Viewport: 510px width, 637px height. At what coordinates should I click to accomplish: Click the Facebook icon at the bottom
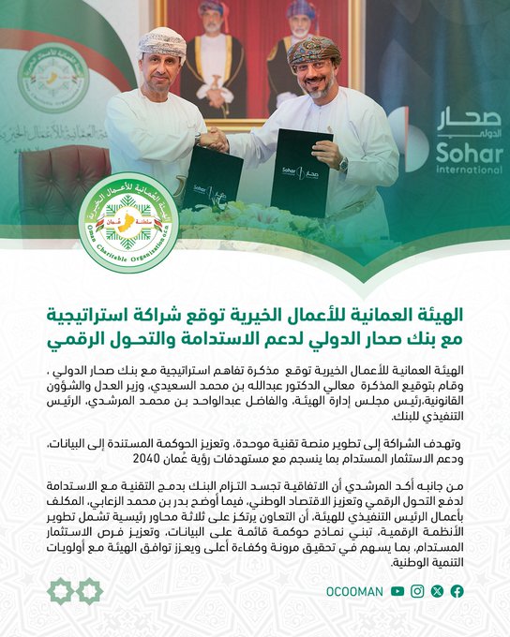tap(457, 591)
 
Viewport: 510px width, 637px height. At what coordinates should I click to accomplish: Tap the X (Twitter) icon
tap(438, 591)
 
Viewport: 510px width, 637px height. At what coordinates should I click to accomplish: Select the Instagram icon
tap(418, 591)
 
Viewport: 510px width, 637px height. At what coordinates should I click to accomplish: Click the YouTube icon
tap(398, 591)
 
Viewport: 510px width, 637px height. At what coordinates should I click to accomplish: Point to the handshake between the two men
tap(213, 138)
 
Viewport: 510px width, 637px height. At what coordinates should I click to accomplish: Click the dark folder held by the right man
tap(300, 173)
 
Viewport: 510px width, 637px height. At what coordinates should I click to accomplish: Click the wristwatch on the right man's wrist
tap(343, 165)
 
